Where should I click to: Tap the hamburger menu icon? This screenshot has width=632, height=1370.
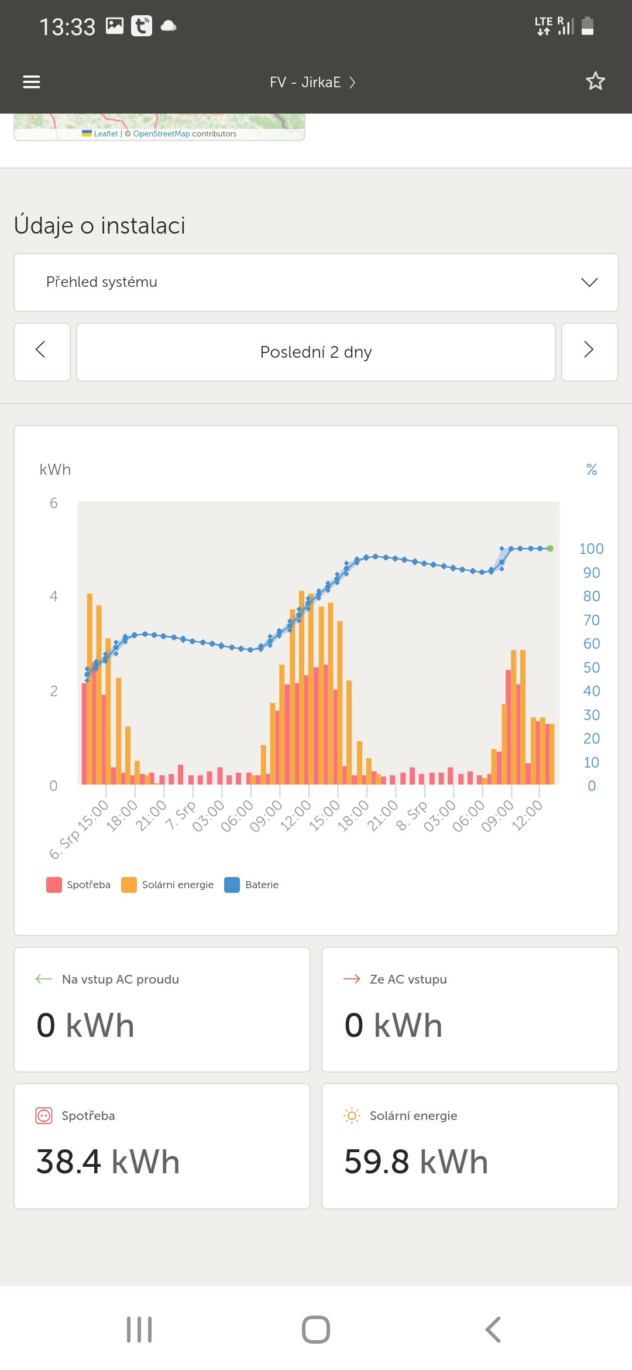coord(32,82)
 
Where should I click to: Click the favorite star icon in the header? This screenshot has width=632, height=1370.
coord(595,81)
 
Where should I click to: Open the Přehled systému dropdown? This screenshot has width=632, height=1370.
coord(316,282)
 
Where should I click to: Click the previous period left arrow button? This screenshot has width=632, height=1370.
coord(42,351)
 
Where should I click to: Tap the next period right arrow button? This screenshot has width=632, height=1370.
coord(589,351)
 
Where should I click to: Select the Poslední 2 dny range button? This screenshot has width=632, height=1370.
coord(316,352)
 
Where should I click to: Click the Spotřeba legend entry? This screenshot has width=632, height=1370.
coord(79,885)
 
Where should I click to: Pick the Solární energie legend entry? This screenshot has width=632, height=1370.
coord(168,885)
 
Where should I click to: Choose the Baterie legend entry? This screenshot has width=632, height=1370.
coord(252,885)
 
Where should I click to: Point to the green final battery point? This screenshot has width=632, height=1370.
coord(550,549)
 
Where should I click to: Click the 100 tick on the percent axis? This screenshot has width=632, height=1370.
coord(591,549)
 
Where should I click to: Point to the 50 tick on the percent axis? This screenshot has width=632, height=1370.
coord(591,667)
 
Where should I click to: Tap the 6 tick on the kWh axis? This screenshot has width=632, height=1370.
coord(54,503)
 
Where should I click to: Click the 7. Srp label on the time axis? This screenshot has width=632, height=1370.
coord(181,815)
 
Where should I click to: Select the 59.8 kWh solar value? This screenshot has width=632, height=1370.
coord(416,1162)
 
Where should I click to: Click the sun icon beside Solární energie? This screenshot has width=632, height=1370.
coord(352,1116)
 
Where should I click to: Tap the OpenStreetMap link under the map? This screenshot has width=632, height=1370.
coord(162,133)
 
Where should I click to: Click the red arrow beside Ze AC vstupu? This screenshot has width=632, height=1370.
coord(352,979)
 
